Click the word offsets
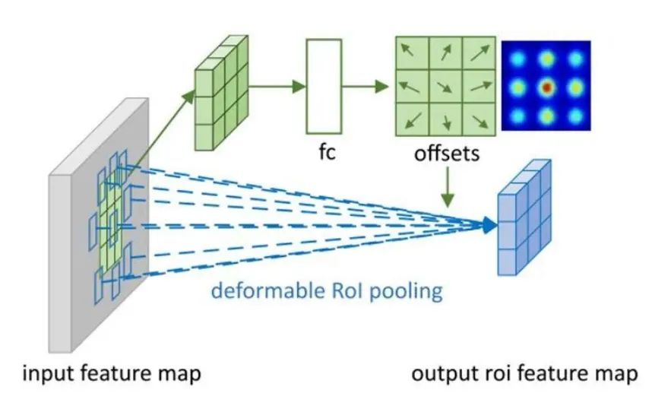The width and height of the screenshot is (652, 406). coord(447,154)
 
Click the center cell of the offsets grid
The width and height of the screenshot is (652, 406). coord(446,85)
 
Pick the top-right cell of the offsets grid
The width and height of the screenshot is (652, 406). coord(480,52)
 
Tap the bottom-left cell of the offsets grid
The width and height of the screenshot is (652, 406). coord(413,119)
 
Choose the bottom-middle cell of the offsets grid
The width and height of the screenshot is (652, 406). coord(446,119)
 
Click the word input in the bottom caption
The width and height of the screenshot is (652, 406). coord(46,375)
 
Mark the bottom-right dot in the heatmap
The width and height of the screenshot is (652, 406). coord(575,116)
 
